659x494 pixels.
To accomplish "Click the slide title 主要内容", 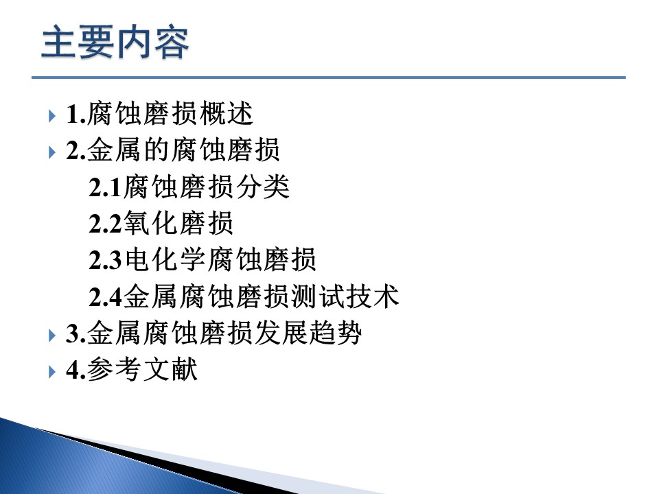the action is point(115,42).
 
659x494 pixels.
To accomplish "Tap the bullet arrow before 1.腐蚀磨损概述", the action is point(52,115).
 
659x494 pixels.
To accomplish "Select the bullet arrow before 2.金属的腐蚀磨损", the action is point(52,152).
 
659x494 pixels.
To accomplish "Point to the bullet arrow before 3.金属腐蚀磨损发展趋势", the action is point(52,336).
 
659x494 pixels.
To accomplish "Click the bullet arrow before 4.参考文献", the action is point(52,372).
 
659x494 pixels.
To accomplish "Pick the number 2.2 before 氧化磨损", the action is point(105,224).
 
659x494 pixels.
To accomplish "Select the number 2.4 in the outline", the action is point(105,297).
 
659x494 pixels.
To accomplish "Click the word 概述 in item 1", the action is point(226,113).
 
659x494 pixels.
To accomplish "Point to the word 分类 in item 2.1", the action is point(263,187).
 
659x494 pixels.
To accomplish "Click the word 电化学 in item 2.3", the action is point(164,259).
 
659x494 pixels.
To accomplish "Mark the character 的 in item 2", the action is point(157,150).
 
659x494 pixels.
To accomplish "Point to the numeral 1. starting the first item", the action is point(76,115).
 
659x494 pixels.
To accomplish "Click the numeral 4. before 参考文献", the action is point(76,370).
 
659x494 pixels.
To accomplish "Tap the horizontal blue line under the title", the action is point(329,78).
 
